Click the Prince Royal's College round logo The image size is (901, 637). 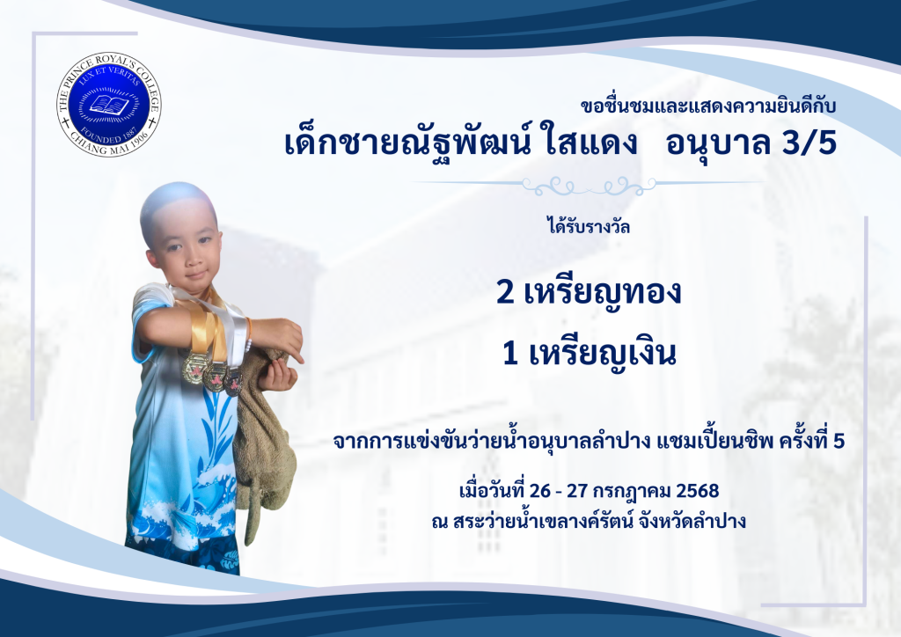tap(108, 105)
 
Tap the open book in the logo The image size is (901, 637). tap(109, 105)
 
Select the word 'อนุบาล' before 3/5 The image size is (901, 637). tap(717, 143)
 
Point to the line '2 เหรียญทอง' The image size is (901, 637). tap(589, 292)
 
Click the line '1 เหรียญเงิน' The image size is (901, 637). tap(589, 353)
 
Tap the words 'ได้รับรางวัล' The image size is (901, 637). tap(589, 226)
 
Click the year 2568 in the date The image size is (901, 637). tap(698, 491)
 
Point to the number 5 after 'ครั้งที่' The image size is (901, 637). tap(839, 441)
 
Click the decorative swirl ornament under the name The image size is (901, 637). tap(589, 185)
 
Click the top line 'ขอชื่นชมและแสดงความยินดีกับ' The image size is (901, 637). tap(708, 106)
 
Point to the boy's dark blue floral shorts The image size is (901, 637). tap(183, 553)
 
